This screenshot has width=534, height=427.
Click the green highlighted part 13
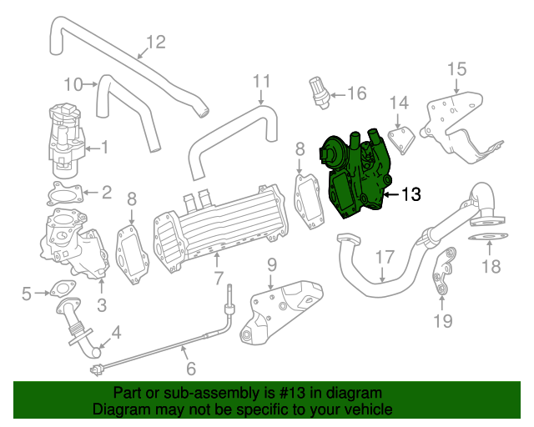355,175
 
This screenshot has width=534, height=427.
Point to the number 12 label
156,42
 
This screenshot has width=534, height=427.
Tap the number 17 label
383,257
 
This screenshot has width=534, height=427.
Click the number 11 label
262,82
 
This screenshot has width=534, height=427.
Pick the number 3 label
101,305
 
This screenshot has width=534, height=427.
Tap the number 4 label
116,332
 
